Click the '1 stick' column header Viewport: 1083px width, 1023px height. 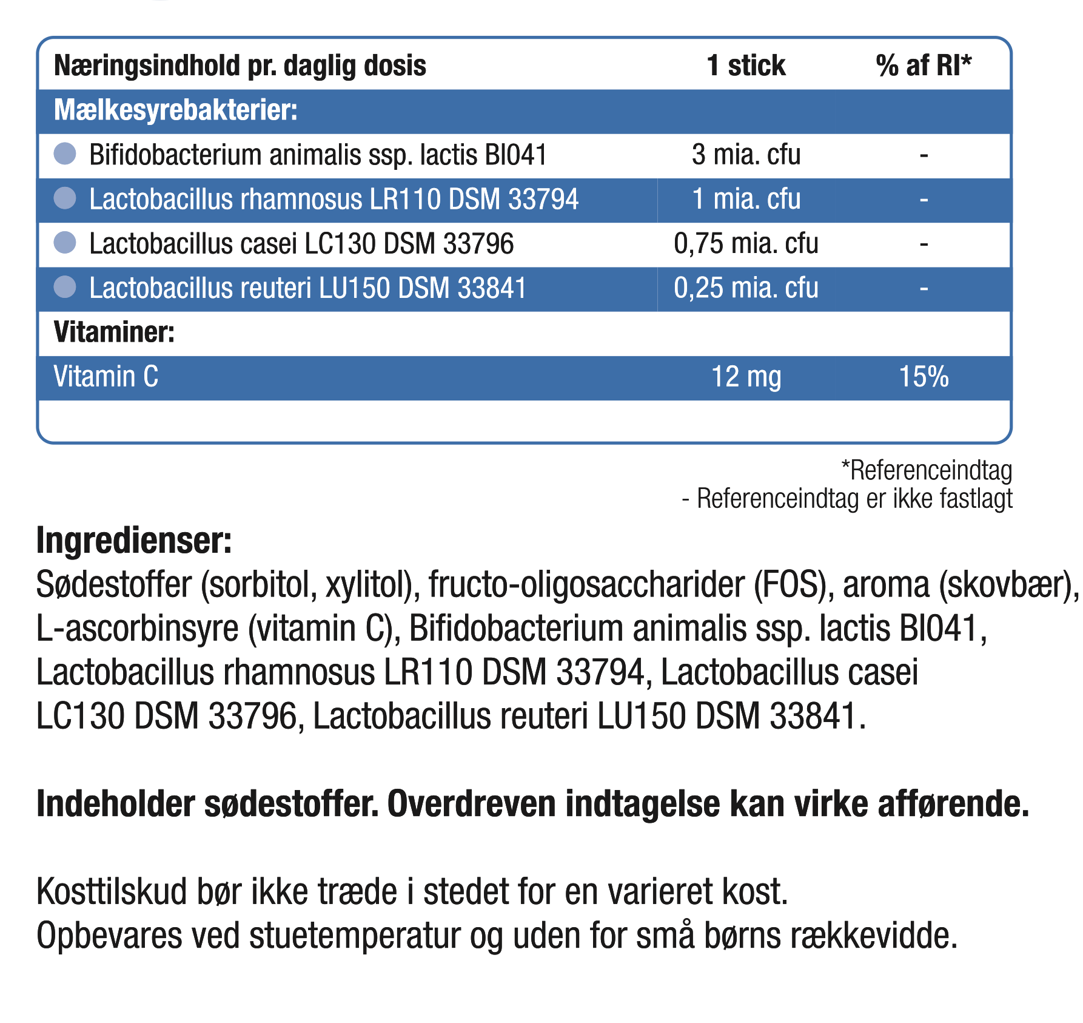coord(746,66)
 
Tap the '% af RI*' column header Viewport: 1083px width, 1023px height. coord(924,66)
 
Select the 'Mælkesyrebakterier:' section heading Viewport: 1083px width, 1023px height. coord(176,110)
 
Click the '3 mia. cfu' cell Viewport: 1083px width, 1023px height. coord(746,155)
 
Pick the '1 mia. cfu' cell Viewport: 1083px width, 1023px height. coord(746,199)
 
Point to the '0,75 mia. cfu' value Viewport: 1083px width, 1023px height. coord(746,243)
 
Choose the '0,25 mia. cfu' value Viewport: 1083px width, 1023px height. coord(746,288)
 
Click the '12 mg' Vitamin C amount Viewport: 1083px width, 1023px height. coord(746,377)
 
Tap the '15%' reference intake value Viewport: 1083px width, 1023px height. coord(924,377)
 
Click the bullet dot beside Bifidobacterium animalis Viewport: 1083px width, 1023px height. coord(65,154)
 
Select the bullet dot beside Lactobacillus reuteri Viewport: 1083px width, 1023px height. coord(65,287)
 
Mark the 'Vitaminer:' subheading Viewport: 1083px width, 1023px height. coord(114,333)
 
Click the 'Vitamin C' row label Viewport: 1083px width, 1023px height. coord(106,377)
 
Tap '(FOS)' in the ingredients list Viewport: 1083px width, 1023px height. coord(793,585)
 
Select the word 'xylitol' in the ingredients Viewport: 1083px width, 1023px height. coord(369,585)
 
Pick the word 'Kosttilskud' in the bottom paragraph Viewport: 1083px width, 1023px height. coord(112,892)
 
